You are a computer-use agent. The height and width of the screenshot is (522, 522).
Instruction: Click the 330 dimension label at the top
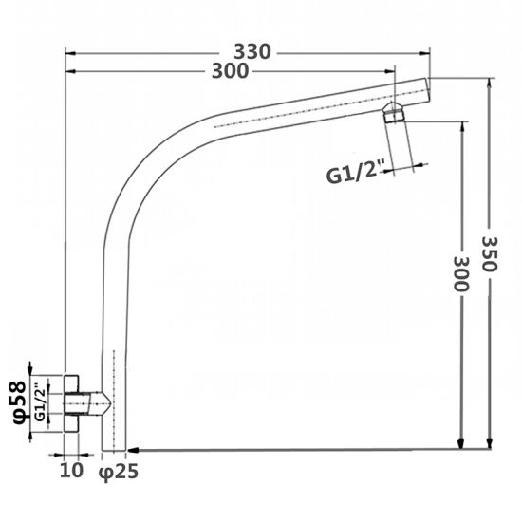click(255, 50)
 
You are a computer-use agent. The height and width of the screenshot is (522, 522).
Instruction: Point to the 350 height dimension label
click(490, 253)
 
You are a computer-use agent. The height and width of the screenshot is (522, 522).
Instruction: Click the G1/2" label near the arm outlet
click(354, 174)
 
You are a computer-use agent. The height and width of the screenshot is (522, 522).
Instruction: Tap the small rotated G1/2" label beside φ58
click(41, 403)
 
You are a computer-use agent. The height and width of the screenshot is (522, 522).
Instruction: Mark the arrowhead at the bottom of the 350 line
click(490, 443)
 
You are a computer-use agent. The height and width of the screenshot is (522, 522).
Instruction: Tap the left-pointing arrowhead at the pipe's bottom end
click(133, 450)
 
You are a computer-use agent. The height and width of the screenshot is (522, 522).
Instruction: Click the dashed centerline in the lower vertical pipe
click(114, 399)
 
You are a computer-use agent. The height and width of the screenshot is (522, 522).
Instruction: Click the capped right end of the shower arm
click(429, 89)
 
